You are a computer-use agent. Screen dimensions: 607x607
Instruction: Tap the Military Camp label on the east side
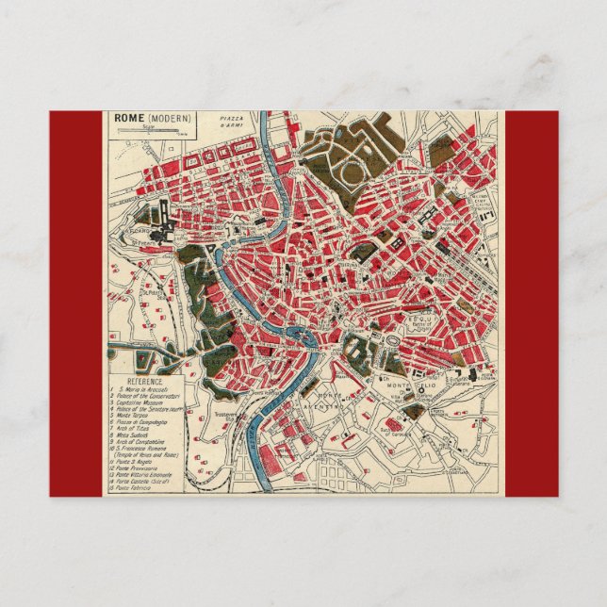coord(483,201)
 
